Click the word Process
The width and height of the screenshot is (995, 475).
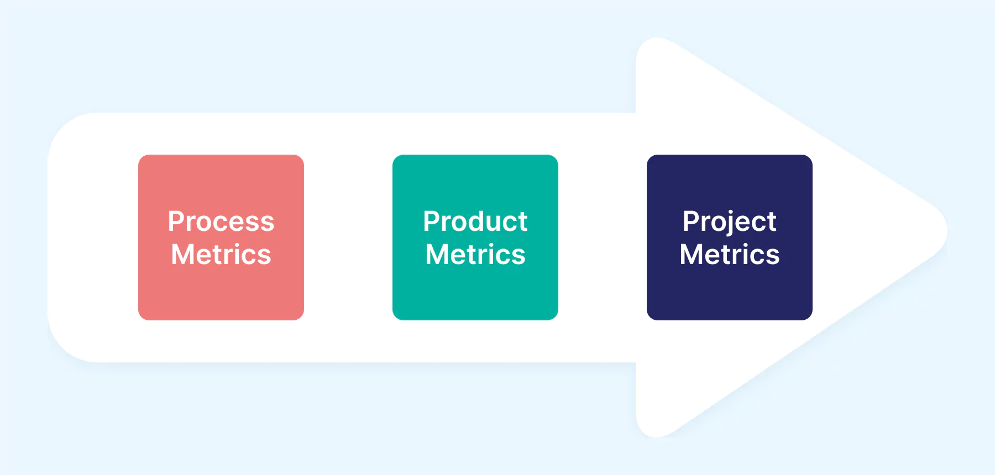pyautogui.click(x=221, y=221)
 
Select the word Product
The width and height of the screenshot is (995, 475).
pyautogui.click(x=475, y=221)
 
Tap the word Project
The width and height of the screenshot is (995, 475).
pyautogui.click(x=729, y=221)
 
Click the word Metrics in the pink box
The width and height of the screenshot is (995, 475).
pyautogui.click(x=221, y=255)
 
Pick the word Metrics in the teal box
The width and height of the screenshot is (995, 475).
pyautogui.click(x=475, y=255)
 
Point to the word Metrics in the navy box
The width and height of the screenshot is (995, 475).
pyautogui.click(x=730, y=255)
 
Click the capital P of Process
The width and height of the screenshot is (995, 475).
pyautogui.click(x=176, y=221)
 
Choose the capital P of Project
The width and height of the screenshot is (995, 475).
pyautogui.click(x=691, y=221)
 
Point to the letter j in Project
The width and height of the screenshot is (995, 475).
pyautogui.click(x=731, y=223)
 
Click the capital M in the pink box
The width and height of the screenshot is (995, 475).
pyautogui.click(x=183, y=255)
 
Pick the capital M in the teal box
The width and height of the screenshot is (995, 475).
pyautogui.click(x=437, y=255)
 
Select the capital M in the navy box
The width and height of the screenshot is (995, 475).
pyautogui.click(x=692, y=255)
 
